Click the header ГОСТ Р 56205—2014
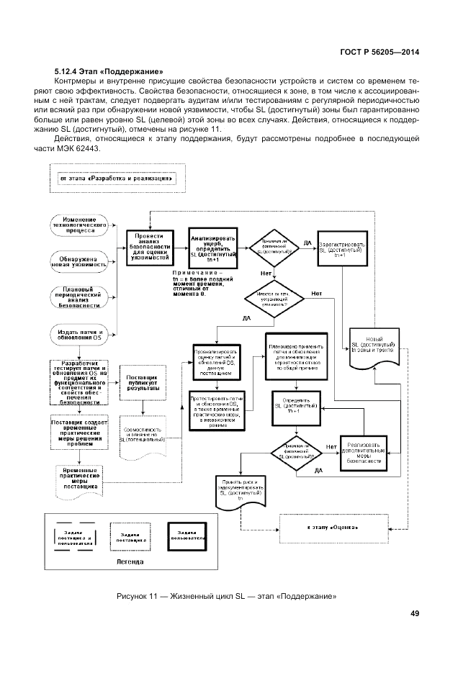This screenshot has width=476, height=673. pos(379,53)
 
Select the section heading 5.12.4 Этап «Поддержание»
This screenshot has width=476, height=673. pos(108,72)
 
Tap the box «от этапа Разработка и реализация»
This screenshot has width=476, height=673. pos(116,178)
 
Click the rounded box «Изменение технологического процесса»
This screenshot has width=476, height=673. pos(80,225)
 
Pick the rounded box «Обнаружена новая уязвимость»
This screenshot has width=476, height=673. pos(80,260)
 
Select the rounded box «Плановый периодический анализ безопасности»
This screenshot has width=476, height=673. pos(80,297)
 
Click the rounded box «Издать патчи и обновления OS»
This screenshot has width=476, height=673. pos(80,333)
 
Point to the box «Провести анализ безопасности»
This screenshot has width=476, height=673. pos(149,245)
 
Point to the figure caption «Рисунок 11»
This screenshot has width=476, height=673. pos(228,595)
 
